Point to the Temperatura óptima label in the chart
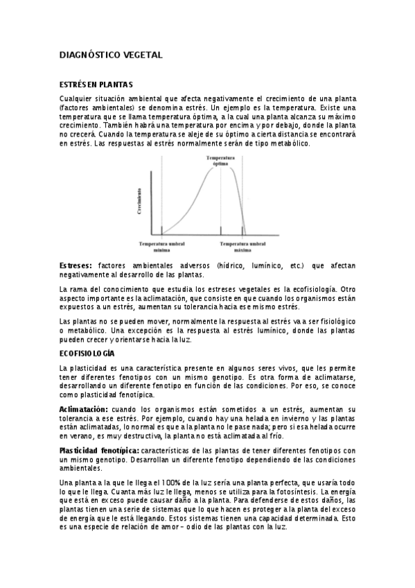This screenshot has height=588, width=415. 220,161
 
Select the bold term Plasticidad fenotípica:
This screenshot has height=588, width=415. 94,451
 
